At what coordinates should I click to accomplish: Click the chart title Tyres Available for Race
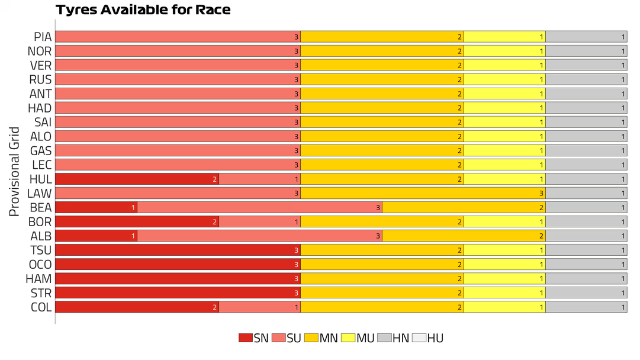[x=143, y=10]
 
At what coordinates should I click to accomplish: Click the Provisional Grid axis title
[x=15, y=172]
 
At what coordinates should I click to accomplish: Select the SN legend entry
[x=253, y=338]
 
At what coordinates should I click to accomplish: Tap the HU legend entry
[x=427, y=338]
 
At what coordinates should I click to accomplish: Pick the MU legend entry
[x=358, y=338]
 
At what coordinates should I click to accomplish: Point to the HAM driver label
[x=40, y=278]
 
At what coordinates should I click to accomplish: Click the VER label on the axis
[x=40, y=65]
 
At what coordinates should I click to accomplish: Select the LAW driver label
[x=40, y=193]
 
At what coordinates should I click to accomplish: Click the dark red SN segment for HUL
[x=137, y=179]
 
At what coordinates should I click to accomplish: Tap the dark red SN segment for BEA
[x=96, y=207]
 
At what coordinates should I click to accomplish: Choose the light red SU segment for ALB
[x=259, y=236]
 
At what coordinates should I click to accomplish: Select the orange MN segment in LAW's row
[x=423, y=193]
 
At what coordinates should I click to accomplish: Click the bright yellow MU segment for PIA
[x=504, y=37]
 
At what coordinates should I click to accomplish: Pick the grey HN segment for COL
[x=586, y=307]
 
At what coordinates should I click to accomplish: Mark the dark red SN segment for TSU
[x=178, y=250]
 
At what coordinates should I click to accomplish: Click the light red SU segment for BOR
[x=259, y=221]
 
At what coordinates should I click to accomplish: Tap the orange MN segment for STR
[x=382, y=292]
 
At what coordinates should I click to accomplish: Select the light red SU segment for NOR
[x=178, y=51]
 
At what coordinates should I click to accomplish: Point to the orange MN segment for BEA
[x=464, y=207]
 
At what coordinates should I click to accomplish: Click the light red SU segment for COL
[x=259, y=307]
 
